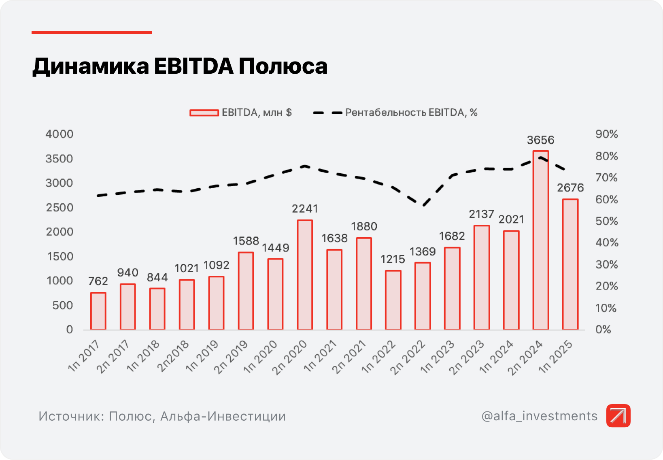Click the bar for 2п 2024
pyautogui.click(x=541, y=240)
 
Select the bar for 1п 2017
pyautogui.click(x=98, y=311)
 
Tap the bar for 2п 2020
pyautogui.click(x=305, y=275)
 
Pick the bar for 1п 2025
pyautogui.click(x=570, y=264)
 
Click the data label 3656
pyautogui.click(x=540, y=140)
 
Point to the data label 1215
pyautogui.click(x=393, y=259)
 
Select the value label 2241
pyautogui.click(x=305, y=209)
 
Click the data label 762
pyautogui.click(x=98, y=281)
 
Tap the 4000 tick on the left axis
pyautogui.click(x=59, y=134)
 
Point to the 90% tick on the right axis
pyautogui.click(x=606, y=134)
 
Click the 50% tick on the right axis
pyautogui.click(x=606, y=221)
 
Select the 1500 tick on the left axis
pyautogui.click(x=60, y=256)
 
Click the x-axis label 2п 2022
pyautogui.click(x=408, y=357)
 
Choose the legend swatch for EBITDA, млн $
pyautogui.click(x=204, y=113)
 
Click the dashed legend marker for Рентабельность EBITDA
pyautogui.click(x=327, y=113)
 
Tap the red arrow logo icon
pyautogui.click(x=618, y=415)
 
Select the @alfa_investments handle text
pyautogui.click(x=539, y=416)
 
